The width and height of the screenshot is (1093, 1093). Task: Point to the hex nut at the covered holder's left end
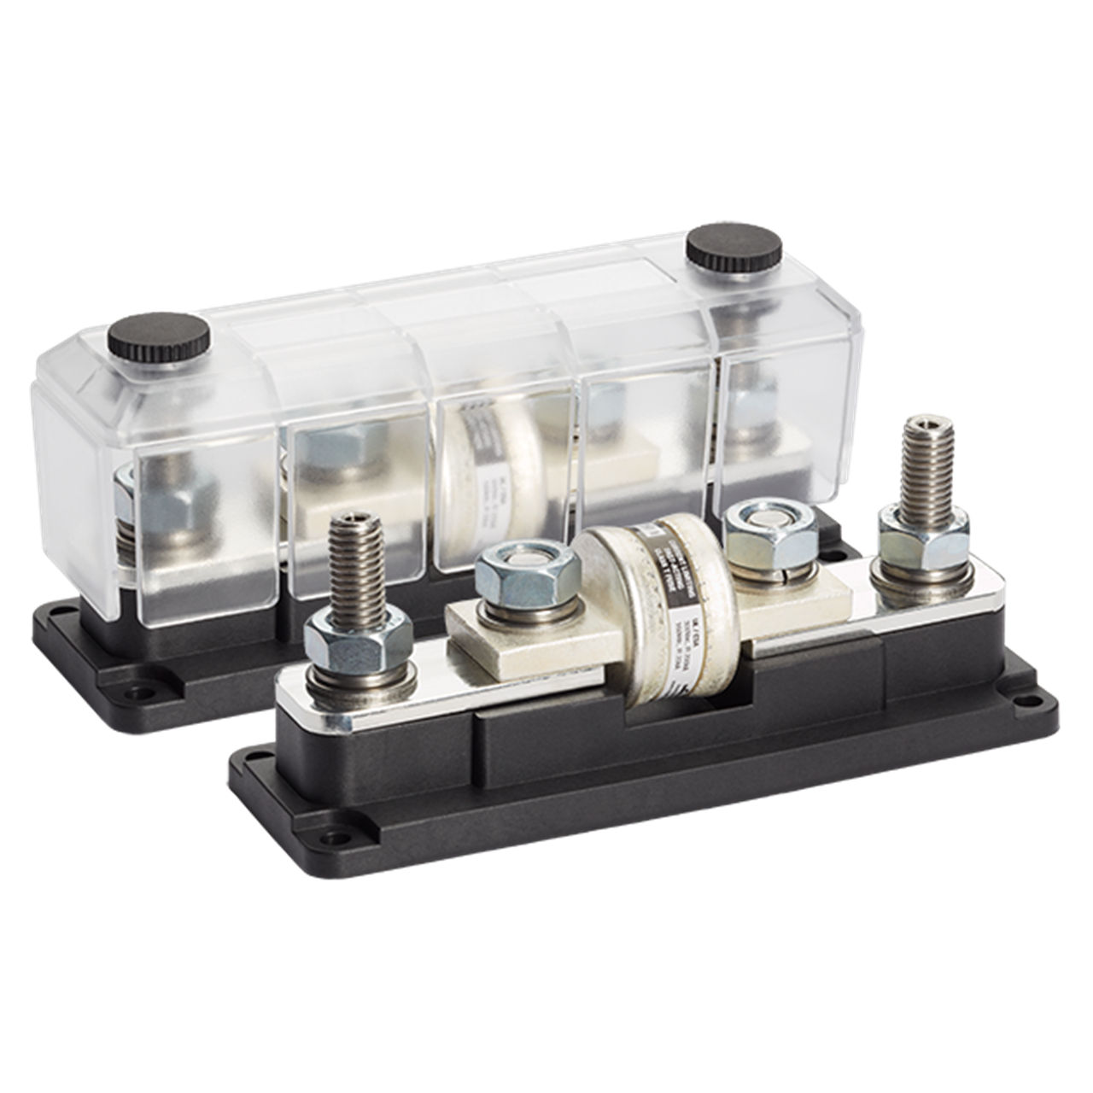click(x=154, y=503)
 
